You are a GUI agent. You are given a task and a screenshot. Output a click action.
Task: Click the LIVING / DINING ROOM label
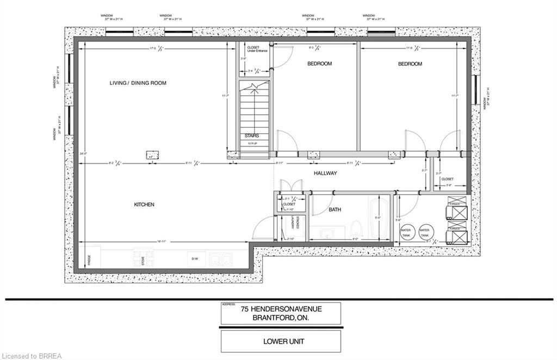click(138, 83)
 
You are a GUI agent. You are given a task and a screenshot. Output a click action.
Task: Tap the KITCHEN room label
click(144, 204)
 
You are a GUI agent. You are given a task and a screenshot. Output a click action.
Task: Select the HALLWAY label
click(325, 173)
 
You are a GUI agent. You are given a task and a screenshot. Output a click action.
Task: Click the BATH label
click(335, 209)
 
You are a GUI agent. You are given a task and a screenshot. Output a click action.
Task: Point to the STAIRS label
click(251, 136)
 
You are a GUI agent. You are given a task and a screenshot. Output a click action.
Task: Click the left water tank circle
click(406, 231)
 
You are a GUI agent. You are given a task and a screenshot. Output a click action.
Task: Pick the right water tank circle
click(425, 231)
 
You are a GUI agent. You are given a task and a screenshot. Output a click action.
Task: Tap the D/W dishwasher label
click(194, 259)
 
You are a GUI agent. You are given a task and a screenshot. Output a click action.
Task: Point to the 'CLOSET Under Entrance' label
click(253, 49)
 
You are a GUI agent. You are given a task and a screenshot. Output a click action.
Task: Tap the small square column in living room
click(151, 154)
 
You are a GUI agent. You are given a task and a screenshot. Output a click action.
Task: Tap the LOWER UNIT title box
click(281, 342)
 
